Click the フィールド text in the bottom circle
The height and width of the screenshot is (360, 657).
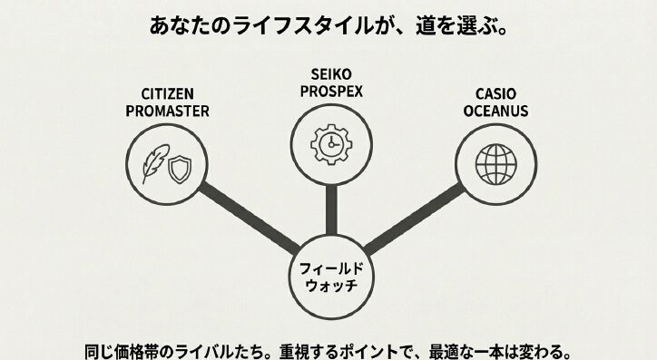(329, 268)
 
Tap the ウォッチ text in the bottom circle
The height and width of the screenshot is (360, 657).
(329, 287)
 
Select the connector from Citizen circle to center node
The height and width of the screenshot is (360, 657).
(250, 217)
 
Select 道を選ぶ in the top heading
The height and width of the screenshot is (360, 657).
(464, 25)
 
